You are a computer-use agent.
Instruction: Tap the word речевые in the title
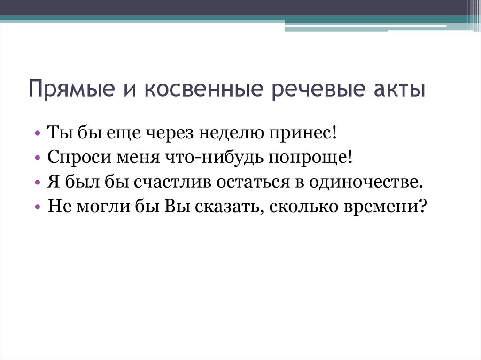tap(318, 89)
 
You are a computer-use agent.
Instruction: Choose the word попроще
tap(309, 158)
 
